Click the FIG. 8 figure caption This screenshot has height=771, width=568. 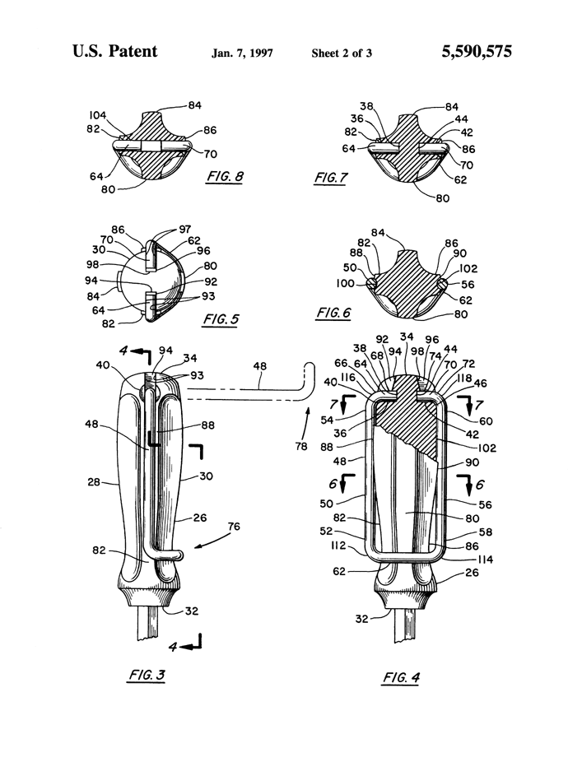(225, 177)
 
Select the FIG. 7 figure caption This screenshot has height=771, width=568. (330, 178)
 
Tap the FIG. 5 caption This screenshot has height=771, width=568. (221, 319)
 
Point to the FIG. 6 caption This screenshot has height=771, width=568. (334, 312)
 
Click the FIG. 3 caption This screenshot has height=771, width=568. (147, 675)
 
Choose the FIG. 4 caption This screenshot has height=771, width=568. (401, 677)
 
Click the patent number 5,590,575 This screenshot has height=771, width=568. (477, 51)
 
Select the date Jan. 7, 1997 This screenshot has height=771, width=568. (242, 53)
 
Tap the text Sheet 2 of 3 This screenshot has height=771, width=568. (342, 53)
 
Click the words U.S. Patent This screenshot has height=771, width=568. (115, 51)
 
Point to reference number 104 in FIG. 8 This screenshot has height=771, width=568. (97, 115)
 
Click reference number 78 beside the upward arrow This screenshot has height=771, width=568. (301, 446)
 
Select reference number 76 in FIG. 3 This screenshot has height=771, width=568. (234, 526)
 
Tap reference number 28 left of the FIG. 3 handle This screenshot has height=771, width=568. (94, 482)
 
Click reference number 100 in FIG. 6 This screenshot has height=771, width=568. (345, 283)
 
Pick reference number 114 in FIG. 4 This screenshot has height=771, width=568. (485, 559)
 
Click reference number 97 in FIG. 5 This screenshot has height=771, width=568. (184, 229)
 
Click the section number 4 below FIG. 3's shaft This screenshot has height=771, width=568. (173, 647)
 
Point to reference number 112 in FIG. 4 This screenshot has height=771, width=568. (338, 546)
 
